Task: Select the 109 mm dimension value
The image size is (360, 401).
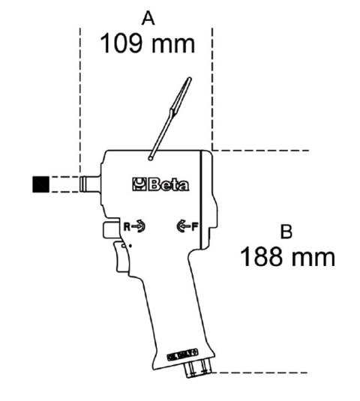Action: point(148,42)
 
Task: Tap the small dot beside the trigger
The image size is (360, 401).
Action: point(132,244)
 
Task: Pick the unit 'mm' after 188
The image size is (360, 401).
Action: point(310,257)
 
